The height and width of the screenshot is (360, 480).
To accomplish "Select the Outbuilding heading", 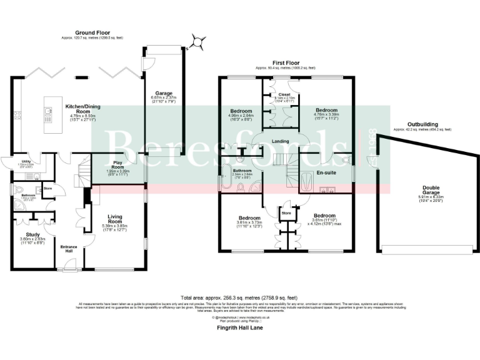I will pyautogui.click(x=422, y=124).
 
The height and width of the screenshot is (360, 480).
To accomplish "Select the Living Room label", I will pyautogui.click(x=114, y=218).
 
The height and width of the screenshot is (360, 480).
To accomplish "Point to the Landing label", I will pyautogui.click(x=281, y=141).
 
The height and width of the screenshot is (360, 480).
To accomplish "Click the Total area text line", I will pyautogui.click(x=239, y=298).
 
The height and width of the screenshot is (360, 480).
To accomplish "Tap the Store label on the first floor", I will pyautogui.click(x=287, y=213).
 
